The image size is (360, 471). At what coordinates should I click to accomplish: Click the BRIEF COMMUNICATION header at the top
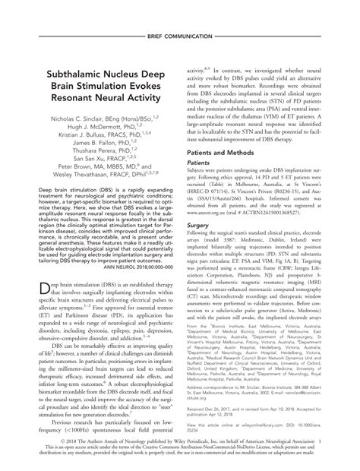pos(180,37)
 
